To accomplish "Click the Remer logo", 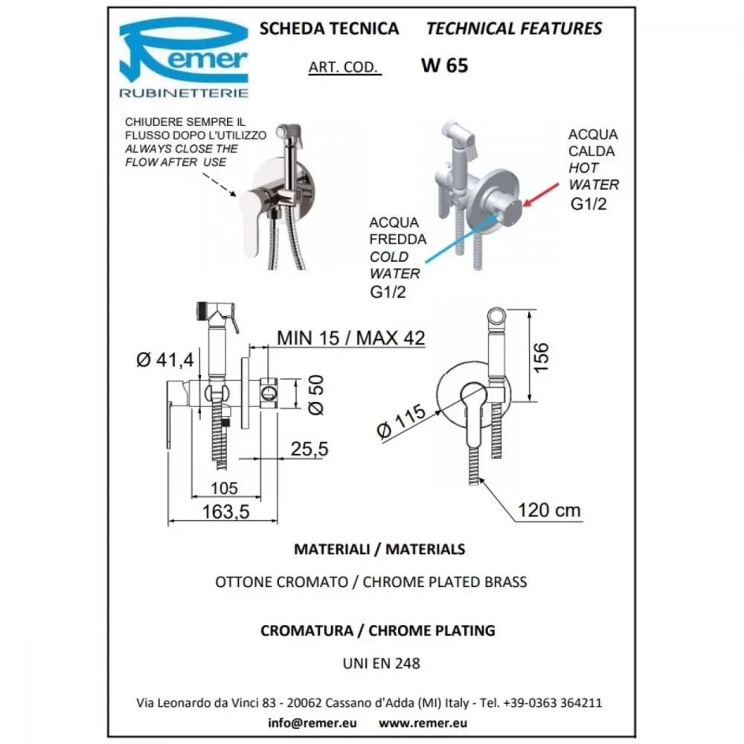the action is coord(184,57).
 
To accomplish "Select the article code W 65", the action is coord(444,65).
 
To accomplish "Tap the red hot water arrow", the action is coord(541,195).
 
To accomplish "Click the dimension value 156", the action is coord(541,357).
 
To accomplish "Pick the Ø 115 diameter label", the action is coord(402,421).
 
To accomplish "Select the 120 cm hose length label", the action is coord(549,510).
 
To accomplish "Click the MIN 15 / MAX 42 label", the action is coord(350,338).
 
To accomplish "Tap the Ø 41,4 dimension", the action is coord(165,359).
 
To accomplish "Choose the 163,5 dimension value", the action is coord(226,512).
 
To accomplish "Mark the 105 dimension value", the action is coord(224,488).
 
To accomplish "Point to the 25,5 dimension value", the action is coord(310,449).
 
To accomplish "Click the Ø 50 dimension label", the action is coord(316,395).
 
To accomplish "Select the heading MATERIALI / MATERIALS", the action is coord(379,549).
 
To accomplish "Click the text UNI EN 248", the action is coord(382,663).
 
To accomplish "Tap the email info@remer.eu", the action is coord(312,722).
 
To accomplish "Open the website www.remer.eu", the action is coord(423,722).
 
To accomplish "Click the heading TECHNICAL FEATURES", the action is coord(514,28).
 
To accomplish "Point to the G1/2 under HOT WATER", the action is coord(589,204).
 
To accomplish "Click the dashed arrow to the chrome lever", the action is coord(219,185).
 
